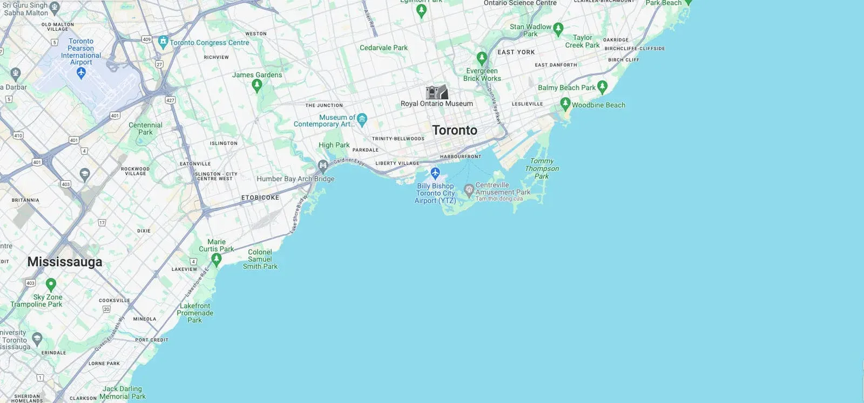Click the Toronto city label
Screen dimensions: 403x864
[455, 130]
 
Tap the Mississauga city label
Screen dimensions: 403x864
[65, 262]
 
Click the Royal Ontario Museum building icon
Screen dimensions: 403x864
[436, 92]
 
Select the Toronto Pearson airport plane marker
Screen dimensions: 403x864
[81, 72]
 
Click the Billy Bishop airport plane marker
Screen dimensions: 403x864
[435, 173]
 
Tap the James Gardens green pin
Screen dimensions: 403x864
[257, 85]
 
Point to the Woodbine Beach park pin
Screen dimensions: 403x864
[565, 103]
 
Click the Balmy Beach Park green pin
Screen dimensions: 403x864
[603, 86]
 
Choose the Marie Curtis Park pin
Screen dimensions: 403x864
[217, 259]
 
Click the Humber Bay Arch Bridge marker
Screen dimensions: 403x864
[323, 165]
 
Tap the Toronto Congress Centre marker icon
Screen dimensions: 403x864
[163, 42]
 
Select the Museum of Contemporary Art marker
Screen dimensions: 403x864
[362, 118]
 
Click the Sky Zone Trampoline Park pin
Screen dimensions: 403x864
[51, 284]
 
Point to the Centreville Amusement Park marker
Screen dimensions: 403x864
[469, 189]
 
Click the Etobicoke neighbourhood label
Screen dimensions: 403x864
[260, 197]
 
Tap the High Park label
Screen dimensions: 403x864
[334, 145]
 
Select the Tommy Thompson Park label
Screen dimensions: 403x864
[542, 168]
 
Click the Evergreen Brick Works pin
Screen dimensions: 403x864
[482, 58]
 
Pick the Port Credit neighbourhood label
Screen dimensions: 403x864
[152, 340]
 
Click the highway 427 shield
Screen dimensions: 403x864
[171, 100]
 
